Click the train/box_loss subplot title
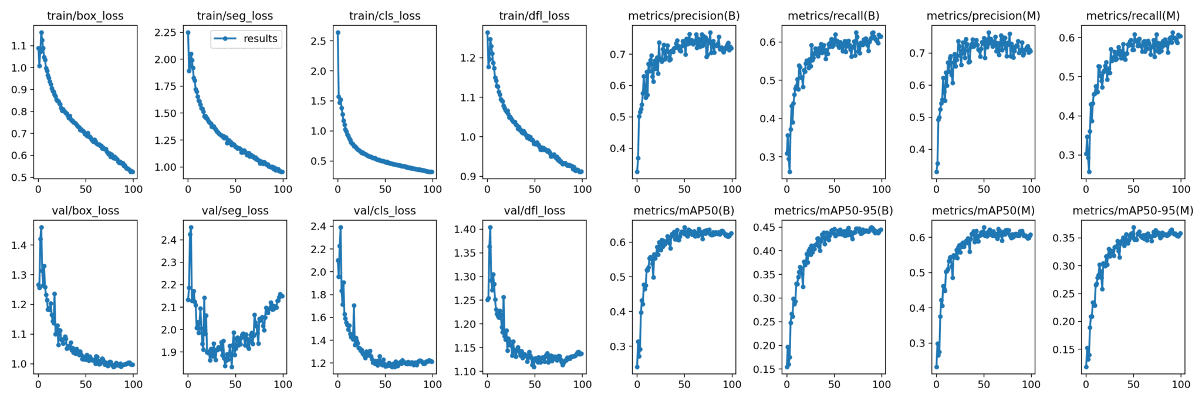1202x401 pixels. [x=85, y=16]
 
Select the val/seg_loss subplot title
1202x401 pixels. [x=235, y=211]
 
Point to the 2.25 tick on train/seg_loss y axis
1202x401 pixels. [x=165, y=32]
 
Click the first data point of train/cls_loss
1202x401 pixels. [x=338, y=32]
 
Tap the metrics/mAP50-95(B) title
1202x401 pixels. [x=833, y=211]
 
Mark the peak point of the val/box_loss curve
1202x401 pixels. [x=41, y=227]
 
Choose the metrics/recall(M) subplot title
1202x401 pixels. [x=1133, y=16]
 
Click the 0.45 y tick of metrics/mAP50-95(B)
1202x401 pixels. [x=764, y=227]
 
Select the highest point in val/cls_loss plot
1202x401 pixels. [x=340, y=227]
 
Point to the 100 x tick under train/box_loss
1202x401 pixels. [x=133, y=189]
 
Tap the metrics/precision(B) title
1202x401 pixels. [x=684, y=16]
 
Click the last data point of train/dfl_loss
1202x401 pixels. [x=581, y=171]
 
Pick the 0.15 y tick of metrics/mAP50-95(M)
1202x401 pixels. [x=1062, y=349]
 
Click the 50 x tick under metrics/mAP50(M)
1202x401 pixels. [x=984, y=384]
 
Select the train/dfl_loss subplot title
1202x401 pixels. [x=534, y=16]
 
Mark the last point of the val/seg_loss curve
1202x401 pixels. [x=282, y=296]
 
